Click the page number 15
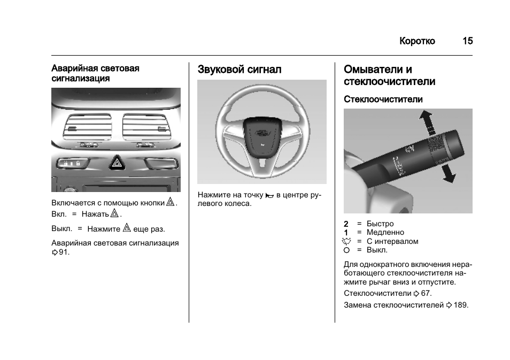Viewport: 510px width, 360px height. point(467,41)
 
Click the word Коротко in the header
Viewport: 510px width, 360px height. point(417,41)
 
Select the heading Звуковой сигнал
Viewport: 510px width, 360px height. point(239,70)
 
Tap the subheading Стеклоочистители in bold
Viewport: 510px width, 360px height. point(383,99)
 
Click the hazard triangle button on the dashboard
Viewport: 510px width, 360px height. point(116,163)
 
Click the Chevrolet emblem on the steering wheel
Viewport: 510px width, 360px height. point(261,132)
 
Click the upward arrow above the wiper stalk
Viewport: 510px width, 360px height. point(426,121)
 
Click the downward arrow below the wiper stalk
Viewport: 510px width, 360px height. point(448,174)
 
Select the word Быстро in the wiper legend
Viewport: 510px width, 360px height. point(380,224)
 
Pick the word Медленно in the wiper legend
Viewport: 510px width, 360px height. point(385,233)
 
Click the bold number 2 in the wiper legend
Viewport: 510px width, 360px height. point(346,224)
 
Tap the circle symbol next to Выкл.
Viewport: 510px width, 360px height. point(346,250)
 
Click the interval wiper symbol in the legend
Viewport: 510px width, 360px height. point(346,241)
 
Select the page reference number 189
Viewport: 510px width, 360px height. point(460,305)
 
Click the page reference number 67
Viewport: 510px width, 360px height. point(426,294)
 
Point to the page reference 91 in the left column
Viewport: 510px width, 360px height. point(64,252)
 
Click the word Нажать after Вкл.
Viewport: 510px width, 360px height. point(96,215)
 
